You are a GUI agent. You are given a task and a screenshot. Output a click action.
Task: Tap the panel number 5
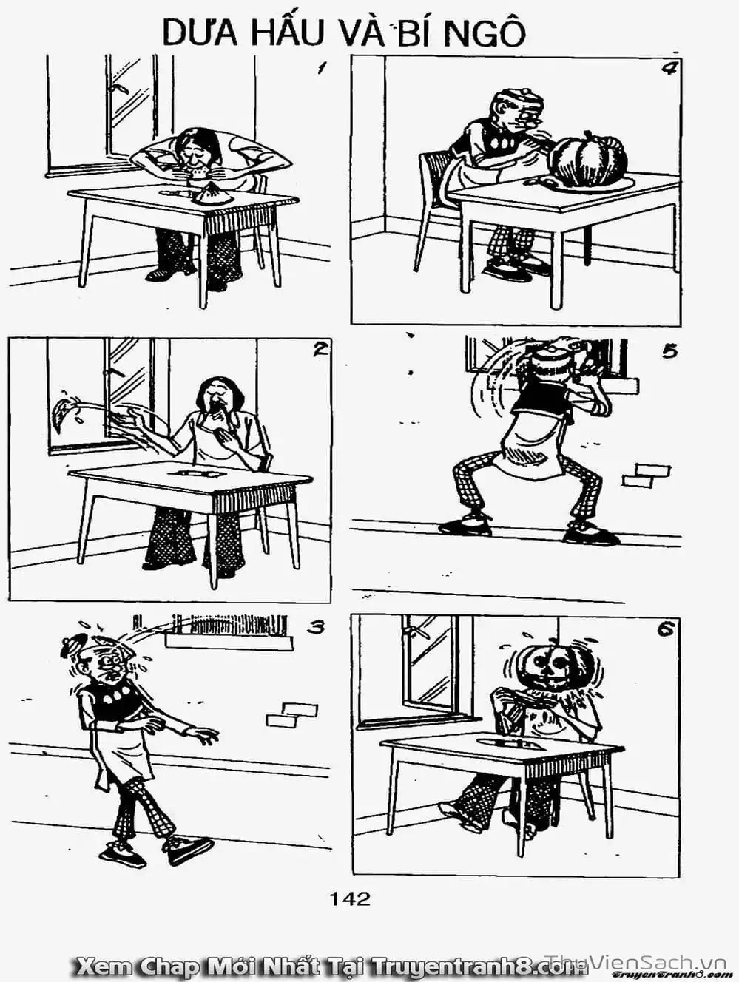[669, 352]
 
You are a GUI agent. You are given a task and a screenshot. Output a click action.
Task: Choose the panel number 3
[315, 628]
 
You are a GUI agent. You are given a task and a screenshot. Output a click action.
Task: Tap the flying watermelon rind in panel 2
[59, 415]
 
